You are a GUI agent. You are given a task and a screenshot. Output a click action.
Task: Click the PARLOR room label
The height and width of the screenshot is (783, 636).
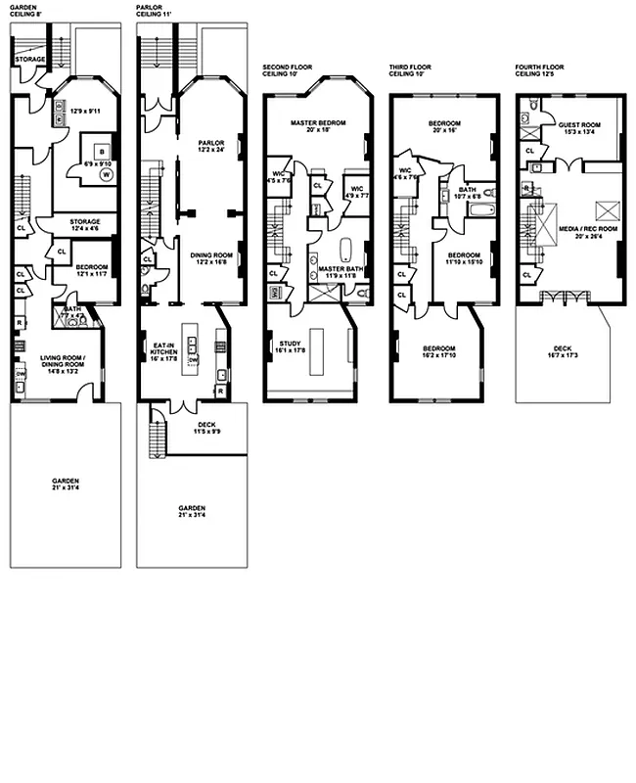(x=211, y=143)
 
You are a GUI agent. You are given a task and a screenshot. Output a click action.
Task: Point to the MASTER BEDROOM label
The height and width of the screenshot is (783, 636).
(x=313, y=123)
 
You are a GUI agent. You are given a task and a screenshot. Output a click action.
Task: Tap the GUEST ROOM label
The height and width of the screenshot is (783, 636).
(x=579, y=125)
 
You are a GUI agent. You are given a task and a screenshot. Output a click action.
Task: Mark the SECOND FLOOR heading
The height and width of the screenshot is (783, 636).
(x=289, y=67)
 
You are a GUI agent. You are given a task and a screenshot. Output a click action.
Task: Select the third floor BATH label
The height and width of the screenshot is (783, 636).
(x=467, y=190)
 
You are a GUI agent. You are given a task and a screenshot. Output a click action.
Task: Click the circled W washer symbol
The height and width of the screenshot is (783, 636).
(x=103, y=177)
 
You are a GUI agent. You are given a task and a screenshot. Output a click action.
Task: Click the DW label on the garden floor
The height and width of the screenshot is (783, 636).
(x=21, y=373)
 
